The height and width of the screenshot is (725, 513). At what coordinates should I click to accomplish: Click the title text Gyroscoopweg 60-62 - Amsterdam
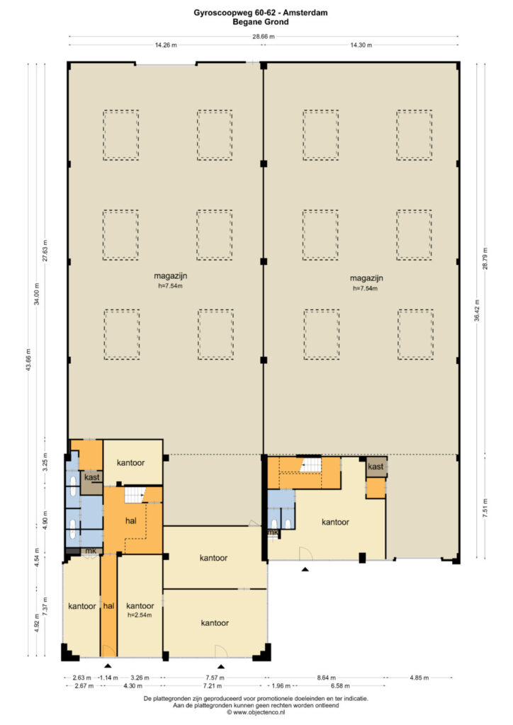click(x=261, y=13)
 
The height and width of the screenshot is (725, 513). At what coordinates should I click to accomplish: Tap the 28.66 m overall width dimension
click(x=263, y=37)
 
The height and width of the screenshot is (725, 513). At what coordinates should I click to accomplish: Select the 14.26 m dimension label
click(x=166, y=45)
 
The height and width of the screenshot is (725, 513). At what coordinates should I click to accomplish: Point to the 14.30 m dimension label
click(x=361, y=45)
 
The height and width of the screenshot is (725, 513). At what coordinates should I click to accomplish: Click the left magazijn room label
click(x=170, y=276)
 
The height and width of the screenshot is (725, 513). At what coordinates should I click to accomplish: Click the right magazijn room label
click(x=366, y=278)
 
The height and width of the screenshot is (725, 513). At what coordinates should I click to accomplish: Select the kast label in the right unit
click(x=376, y=467)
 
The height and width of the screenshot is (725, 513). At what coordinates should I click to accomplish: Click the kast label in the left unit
click(x=91, y=477)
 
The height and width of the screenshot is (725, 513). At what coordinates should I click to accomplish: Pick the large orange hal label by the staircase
click(x=131, y=520)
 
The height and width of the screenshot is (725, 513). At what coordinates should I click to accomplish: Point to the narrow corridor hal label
click(x=108, y=606)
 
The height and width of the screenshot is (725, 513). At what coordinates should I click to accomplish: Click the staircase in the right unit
click(x=310, y=464)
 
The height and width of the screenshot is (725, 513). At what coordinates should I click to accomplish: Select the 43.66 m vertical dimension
click(x=28, y=359)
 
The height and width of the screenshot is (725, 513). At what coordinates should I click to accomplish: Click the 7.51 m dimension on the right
click(x=485, y=508)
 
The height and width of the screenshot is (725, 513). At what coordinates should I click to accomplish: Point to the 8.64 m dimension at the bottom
click(x=326, y=678)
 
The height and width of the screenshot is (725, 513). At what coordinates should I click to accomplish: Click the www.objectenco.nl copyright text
click(x=256, y=712)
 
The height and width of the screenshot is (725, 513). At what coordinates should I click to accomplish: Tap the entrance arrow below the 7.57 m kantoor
click(x=221, y=666)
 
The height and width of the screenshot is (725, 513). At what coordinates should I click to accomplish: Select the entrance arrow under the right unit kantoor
click(x=305, y=569)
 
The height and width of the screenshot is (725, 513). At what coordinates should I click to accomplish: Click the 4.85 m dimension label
click(x=419, y=678)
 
